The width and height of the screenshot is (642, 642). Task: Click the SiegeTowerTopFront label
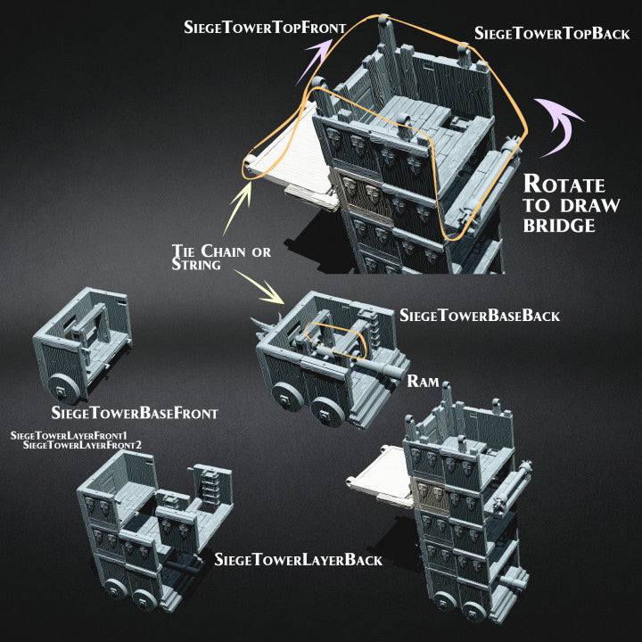pos(265,28)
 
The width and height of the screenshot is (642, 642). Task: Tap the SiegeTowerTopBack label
pos(552,33)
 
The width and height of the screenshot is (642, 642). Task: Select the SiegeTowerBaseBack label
pos(480,316)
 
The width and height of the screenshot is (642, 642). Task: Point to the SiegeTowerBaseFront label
pos(135,413)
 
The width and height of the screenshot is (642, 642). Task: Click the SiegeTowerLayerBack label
pos(299,560)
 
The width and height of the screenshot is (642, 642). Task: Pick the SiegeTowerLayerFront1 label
pos(69,436)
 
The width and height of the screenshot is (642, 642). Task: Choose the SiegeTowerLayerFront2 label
pos(82,445)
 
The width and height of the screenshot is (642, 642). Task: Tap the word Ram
pos(423,382)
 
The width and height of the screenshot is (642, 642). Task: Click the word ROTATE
pos(564,184)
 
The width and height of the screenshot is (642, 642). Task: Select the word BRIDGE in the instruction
pos(559,226)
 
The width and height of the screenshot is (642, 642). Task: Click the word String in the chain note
pos(196,264)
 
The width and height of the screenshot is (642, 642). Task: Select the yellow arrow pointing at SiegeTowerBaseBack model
pos(259,286)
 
